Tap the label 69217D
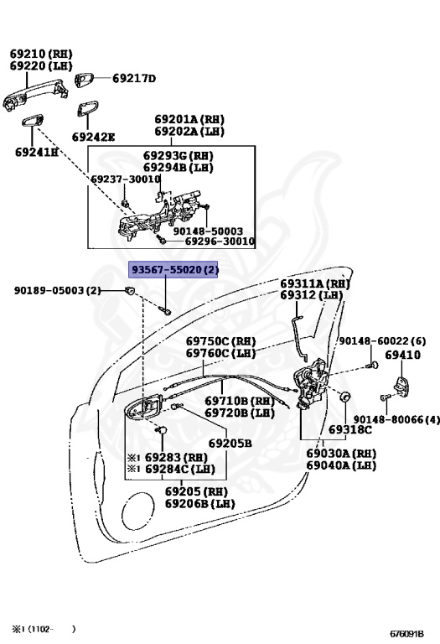134,78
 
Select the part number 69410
402,355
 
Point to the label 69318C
350,429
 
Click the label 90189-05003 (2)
58,290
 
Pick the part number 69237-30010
126,179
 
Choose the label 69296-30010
220,241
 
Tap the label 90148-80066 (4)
396,419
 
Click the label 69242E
93,137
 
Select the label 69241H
37,152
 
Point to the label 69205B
230,443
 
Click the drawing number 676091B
406,634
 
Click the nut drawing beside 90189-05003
130,290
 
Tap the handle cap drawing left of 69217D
84,80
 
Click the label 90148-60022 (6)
382,341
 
